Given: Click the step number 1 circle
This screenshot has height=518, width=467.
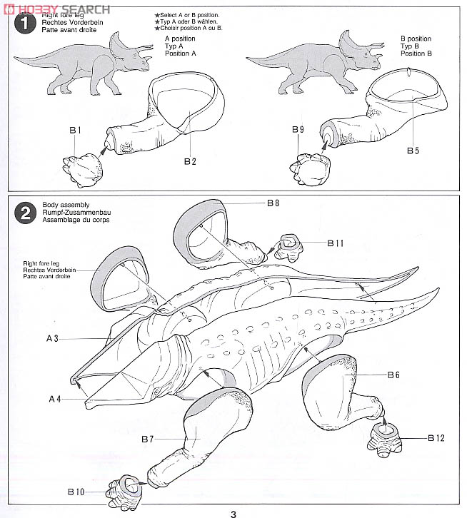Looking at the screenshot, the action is coord(25,23).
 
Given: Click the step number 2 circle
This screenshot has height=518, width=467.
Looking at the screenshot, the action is coord(25,213).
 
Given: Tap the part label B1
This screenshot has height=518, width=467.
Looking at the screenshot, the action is coord(76,131).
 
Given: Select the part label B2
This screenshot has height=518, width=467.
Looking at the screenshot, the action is coord(190,161).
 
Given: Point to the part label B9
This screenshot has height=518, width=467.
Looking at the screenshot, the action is coord(298,130).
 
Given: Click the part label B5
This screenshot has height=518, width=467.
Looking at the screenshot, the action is coord(413,151).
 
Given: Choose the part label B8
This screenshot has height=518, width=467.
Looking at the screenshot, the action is coord(273,203).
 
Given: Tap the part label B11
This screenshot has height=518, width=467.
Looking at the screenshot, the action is coord(336,243).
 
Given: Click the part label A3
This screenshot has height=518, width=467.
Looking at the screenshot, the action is coord(52,339).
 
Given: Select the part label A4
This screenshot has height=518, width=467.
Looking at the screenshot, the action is coord(55,399).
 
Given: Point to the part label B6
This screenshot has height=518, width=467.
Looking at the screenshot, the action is coord(393,375).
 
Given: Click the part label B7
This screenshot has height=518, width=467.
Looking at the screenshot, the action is coord(148,439).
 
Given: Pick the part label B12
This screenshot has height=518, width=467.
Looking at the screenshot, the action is coord(436,438).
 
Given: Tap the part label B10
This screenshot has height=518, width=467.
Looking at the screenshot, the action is coord(76,492).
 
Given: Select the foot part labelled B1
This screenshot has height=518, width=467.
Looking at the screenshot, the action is coord(83,169).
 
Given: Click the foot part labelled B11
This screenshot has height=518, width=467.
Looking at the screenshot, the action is coord(288,248).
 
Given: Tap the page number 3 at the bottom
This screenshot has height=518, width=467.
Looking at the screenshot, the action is coord(233,514).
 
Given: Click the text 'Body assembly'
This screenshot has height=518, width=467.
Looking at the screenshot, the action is coord(66,205).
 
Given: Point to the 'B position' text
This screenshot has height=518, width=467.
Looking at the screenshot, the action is coord(416,39).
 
